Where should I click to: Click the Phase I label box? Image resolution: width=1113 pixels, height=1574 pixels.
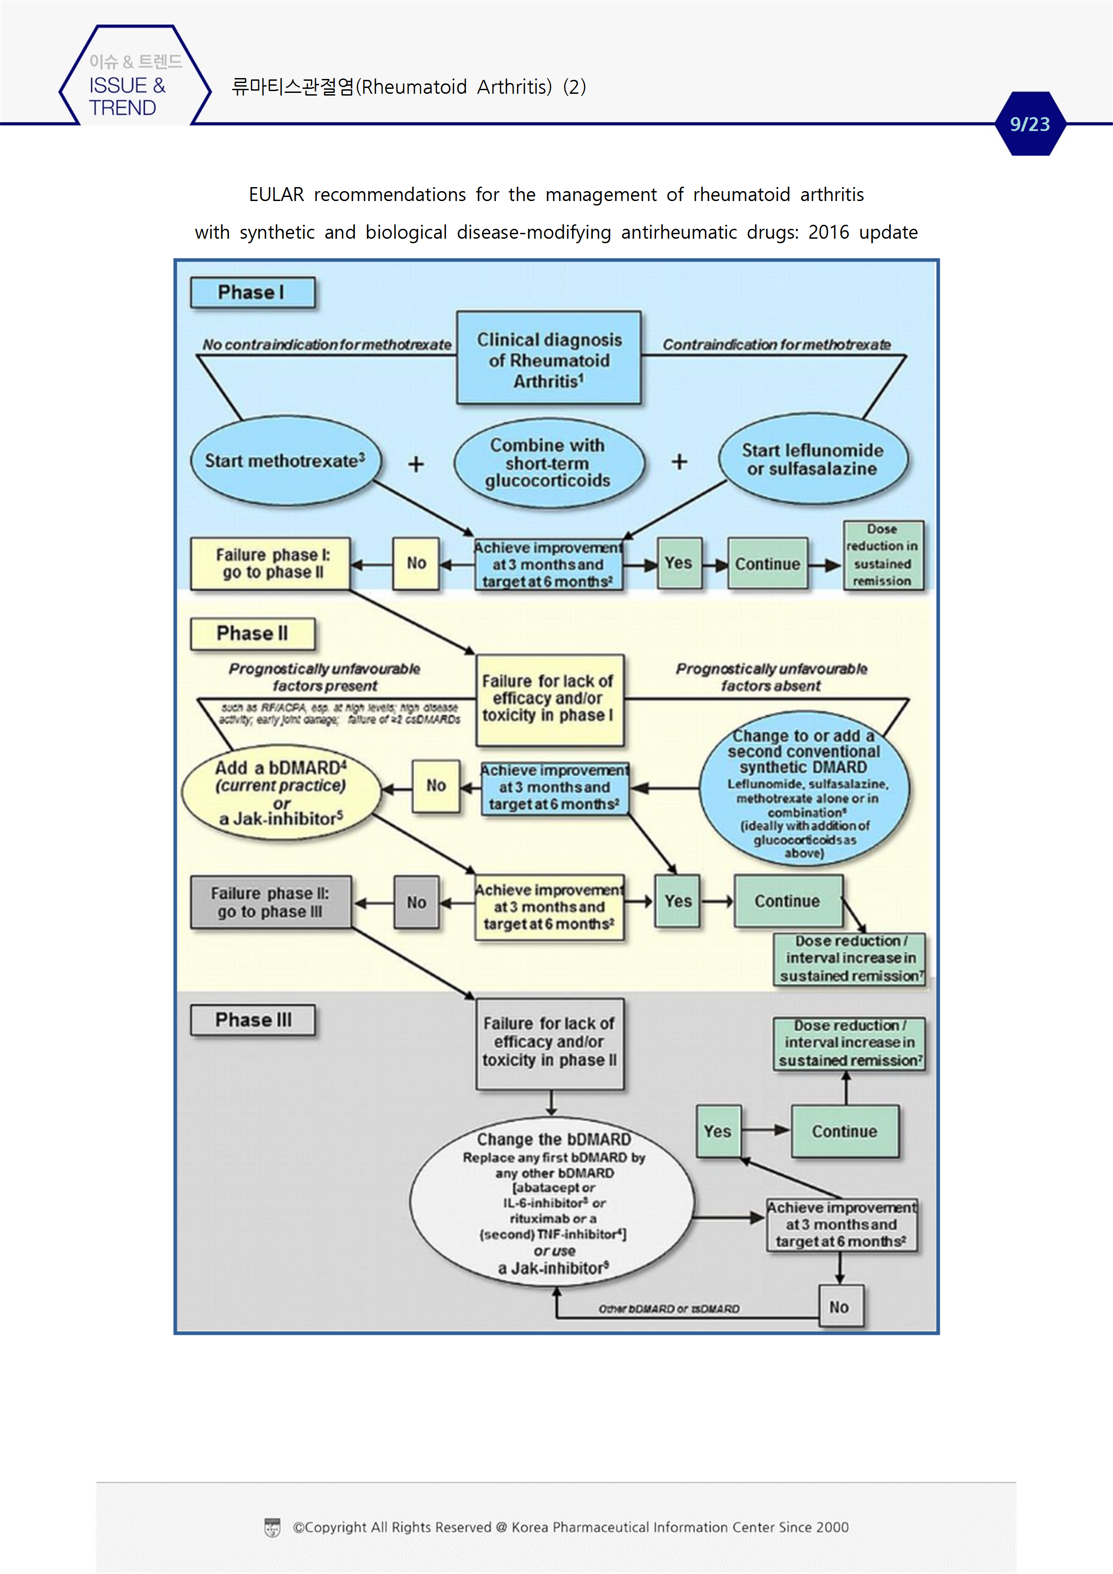tap(252, 293)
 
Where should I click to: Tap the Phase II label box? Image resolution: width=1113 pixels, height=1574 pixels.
tap(252, 634)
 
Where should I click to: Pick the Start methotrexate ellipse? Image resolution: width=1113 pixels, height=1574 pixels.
tap(285, 461)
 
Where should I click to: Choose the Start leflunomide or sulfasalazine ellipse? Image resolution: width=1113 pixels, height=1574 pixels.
tap(813, 460)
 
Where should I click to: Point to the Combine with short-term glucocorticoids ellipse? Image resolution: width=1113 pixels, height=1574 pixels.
tap(548, 463)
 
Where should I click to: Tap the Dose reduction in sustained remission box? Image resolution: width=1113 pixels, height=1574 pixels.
tap(883, 555)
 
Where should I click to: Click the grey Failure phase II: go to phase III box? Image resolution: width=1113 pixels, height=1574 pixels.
tap(270, 902)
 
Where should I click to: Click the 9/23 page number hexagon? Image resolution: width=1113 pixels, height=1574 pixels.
tap(1030, 124)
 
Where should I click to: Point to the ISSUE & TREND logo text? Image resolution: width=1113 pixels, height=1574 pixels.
tap(127, 96)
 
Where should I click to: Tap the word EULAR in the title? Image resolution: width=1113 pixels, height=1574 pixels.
tap(276, 195)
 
